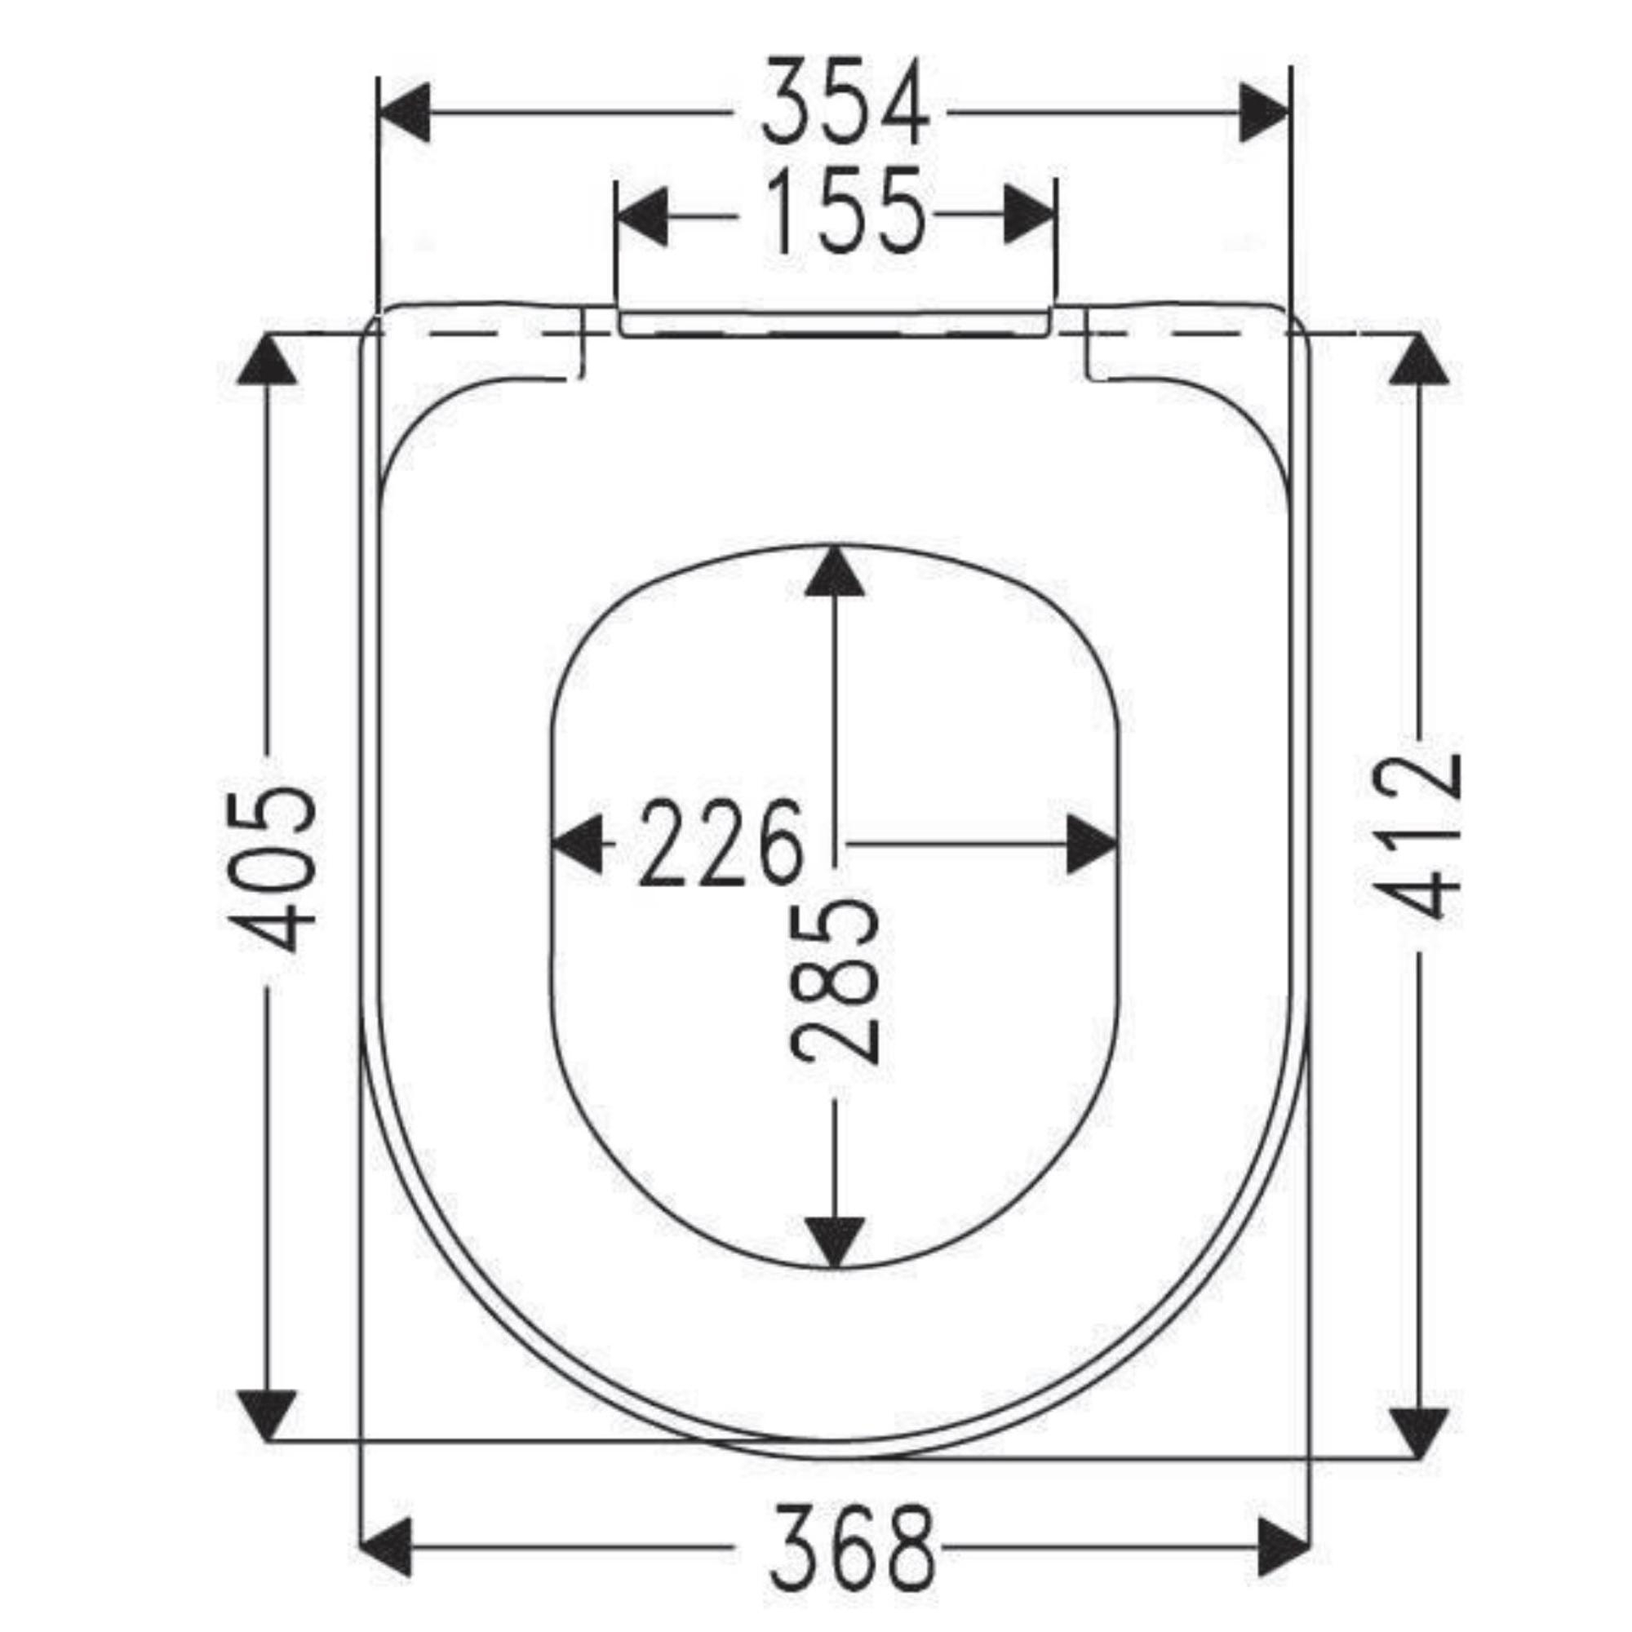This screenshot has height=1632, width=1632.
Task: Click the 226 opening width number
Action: (x=720, y=843)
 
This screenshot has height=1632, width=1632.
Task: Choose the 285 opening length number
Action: (x=836, y=979)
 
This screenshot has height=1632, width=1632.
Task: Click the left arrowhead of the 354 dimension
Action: (x=404, y=113)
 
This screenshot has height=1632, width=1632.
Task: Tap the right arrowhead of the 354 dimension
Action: (x=1265, y=113)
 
